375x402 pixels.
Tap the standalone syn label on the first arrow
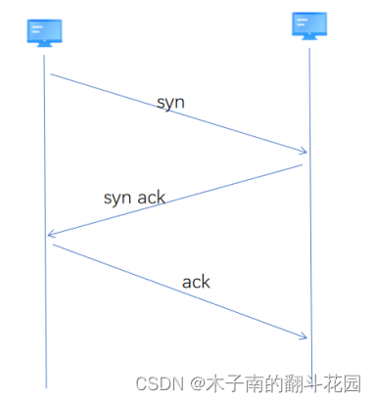coord(170,102)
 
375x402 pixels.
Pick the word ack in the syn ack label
coord(151,197)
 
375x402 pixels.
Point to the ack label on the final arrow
coord(196,282)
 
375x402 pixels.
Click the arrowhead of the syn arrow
coord(305,152)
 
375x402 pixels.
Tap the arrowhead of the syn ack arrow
coord(49,235)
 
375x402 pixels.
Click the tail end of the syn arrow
coord(51,73)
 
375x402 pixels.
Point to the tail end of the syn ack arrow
coord(302,165)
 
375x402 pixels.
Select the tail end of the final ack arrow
coord(53,246)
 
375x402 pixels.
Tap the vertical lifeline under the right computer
coord(310,245)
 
